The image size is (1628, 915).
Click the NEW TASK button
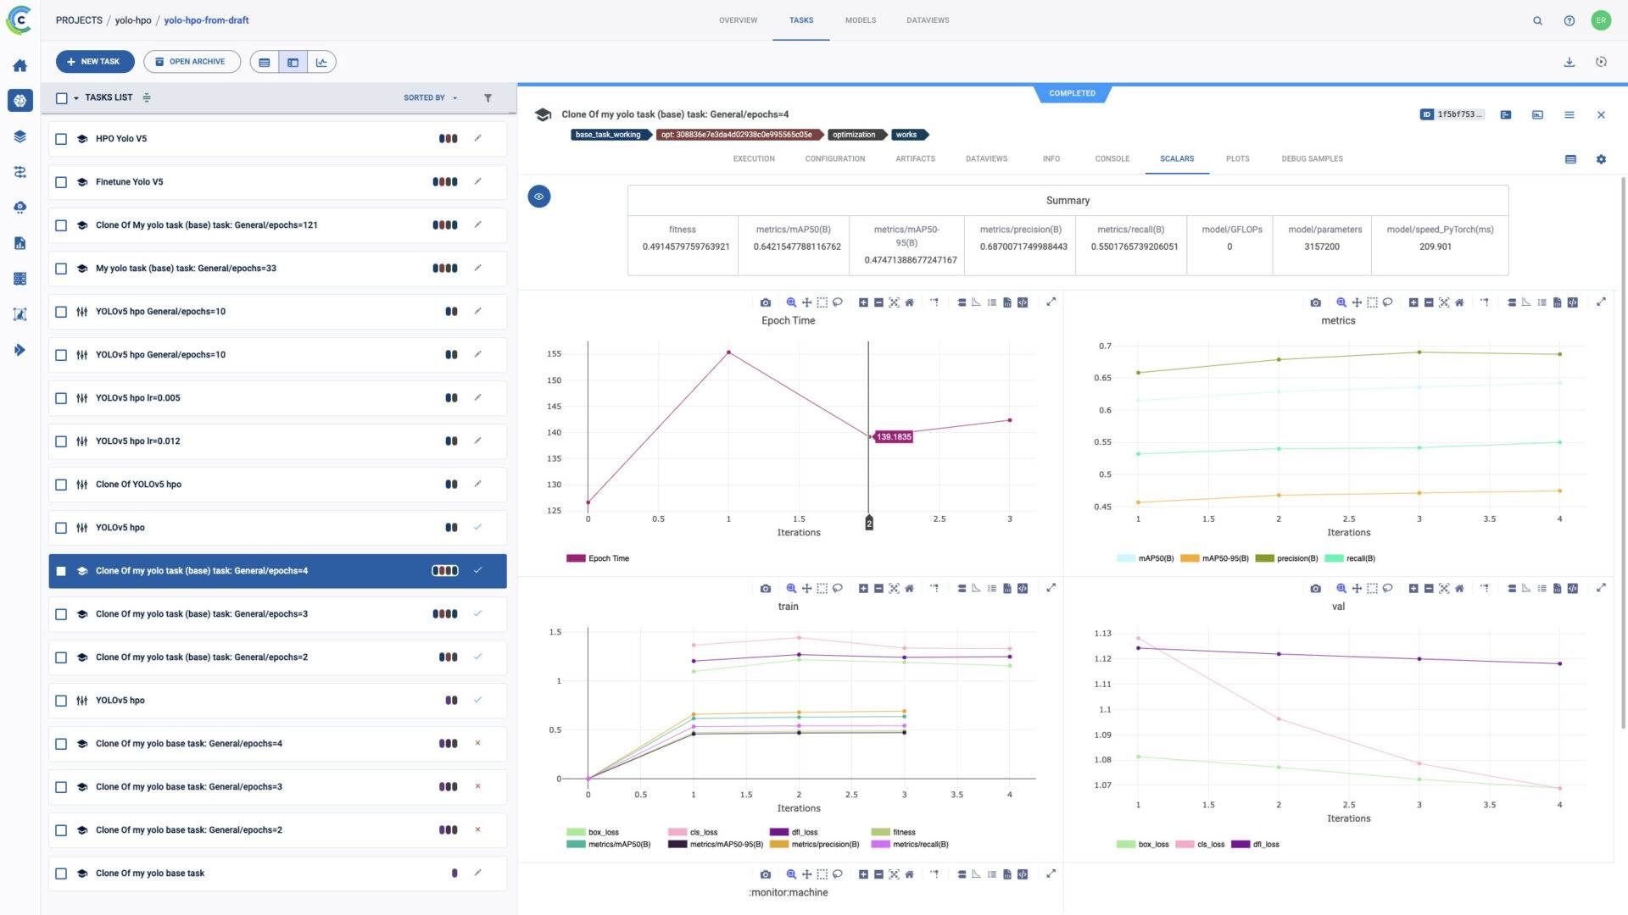(94, 62)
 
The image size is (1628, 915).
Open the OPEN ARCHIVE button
(192, 62)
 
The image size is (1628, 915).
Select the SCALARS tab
(1176, 158)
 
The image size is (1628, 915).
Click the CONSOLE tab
(1112, 158)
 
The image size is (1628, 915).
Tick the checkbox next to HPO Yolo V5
(61, 139)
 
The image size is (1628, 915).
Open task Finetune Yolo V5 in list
(130, 182)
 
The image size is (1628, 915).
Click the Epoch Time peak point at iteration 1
(728, 352)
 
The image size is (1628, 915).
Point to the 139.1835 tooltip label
(894, 437)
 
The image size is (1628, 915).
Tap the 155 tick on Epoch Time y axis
(554, 354)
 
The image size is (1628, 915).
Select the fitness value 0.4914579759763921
(685, 247)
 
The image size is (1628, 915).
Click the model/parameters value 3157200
(1321, 247)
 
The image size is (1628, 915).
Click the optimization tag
(853, 135)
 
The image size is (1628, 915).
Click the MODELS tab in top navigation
(860, 20)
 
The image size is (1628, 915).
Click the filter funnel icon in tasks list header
(488, 98)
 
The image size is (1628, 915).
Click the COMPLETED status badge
(1072, 93)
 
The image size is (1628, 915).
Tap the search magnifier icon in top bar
(1537, 20)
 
